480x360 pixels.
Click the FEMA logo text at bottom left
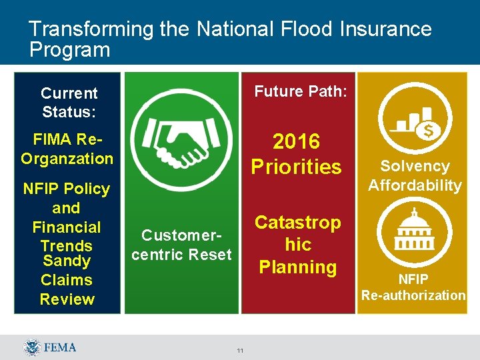pos(60,347)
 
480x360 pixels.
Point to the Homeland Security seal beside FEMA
pos(32,347)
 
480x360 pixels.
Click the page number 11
pos(239,351)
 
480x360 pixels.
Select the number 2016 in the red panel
pos(297,141)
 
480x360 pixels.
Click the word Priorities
pos(296,167)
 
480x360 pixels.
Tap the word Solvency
pos(415,167)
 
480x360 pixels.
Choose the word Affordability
pos(415,185)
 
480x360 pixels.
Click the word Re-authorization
pos(413,295)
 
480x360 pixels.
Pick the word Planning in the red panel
pos(297,267)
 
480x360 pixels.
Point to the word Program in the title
pos(69,50)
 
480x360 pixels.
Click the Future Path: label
pos(301,91)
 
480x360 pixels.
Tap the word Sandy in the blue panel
pos(66,261)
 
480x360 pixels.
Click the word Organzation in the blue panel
pos(67,159)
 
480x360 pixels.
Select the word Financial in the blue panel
pos(66,227)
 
